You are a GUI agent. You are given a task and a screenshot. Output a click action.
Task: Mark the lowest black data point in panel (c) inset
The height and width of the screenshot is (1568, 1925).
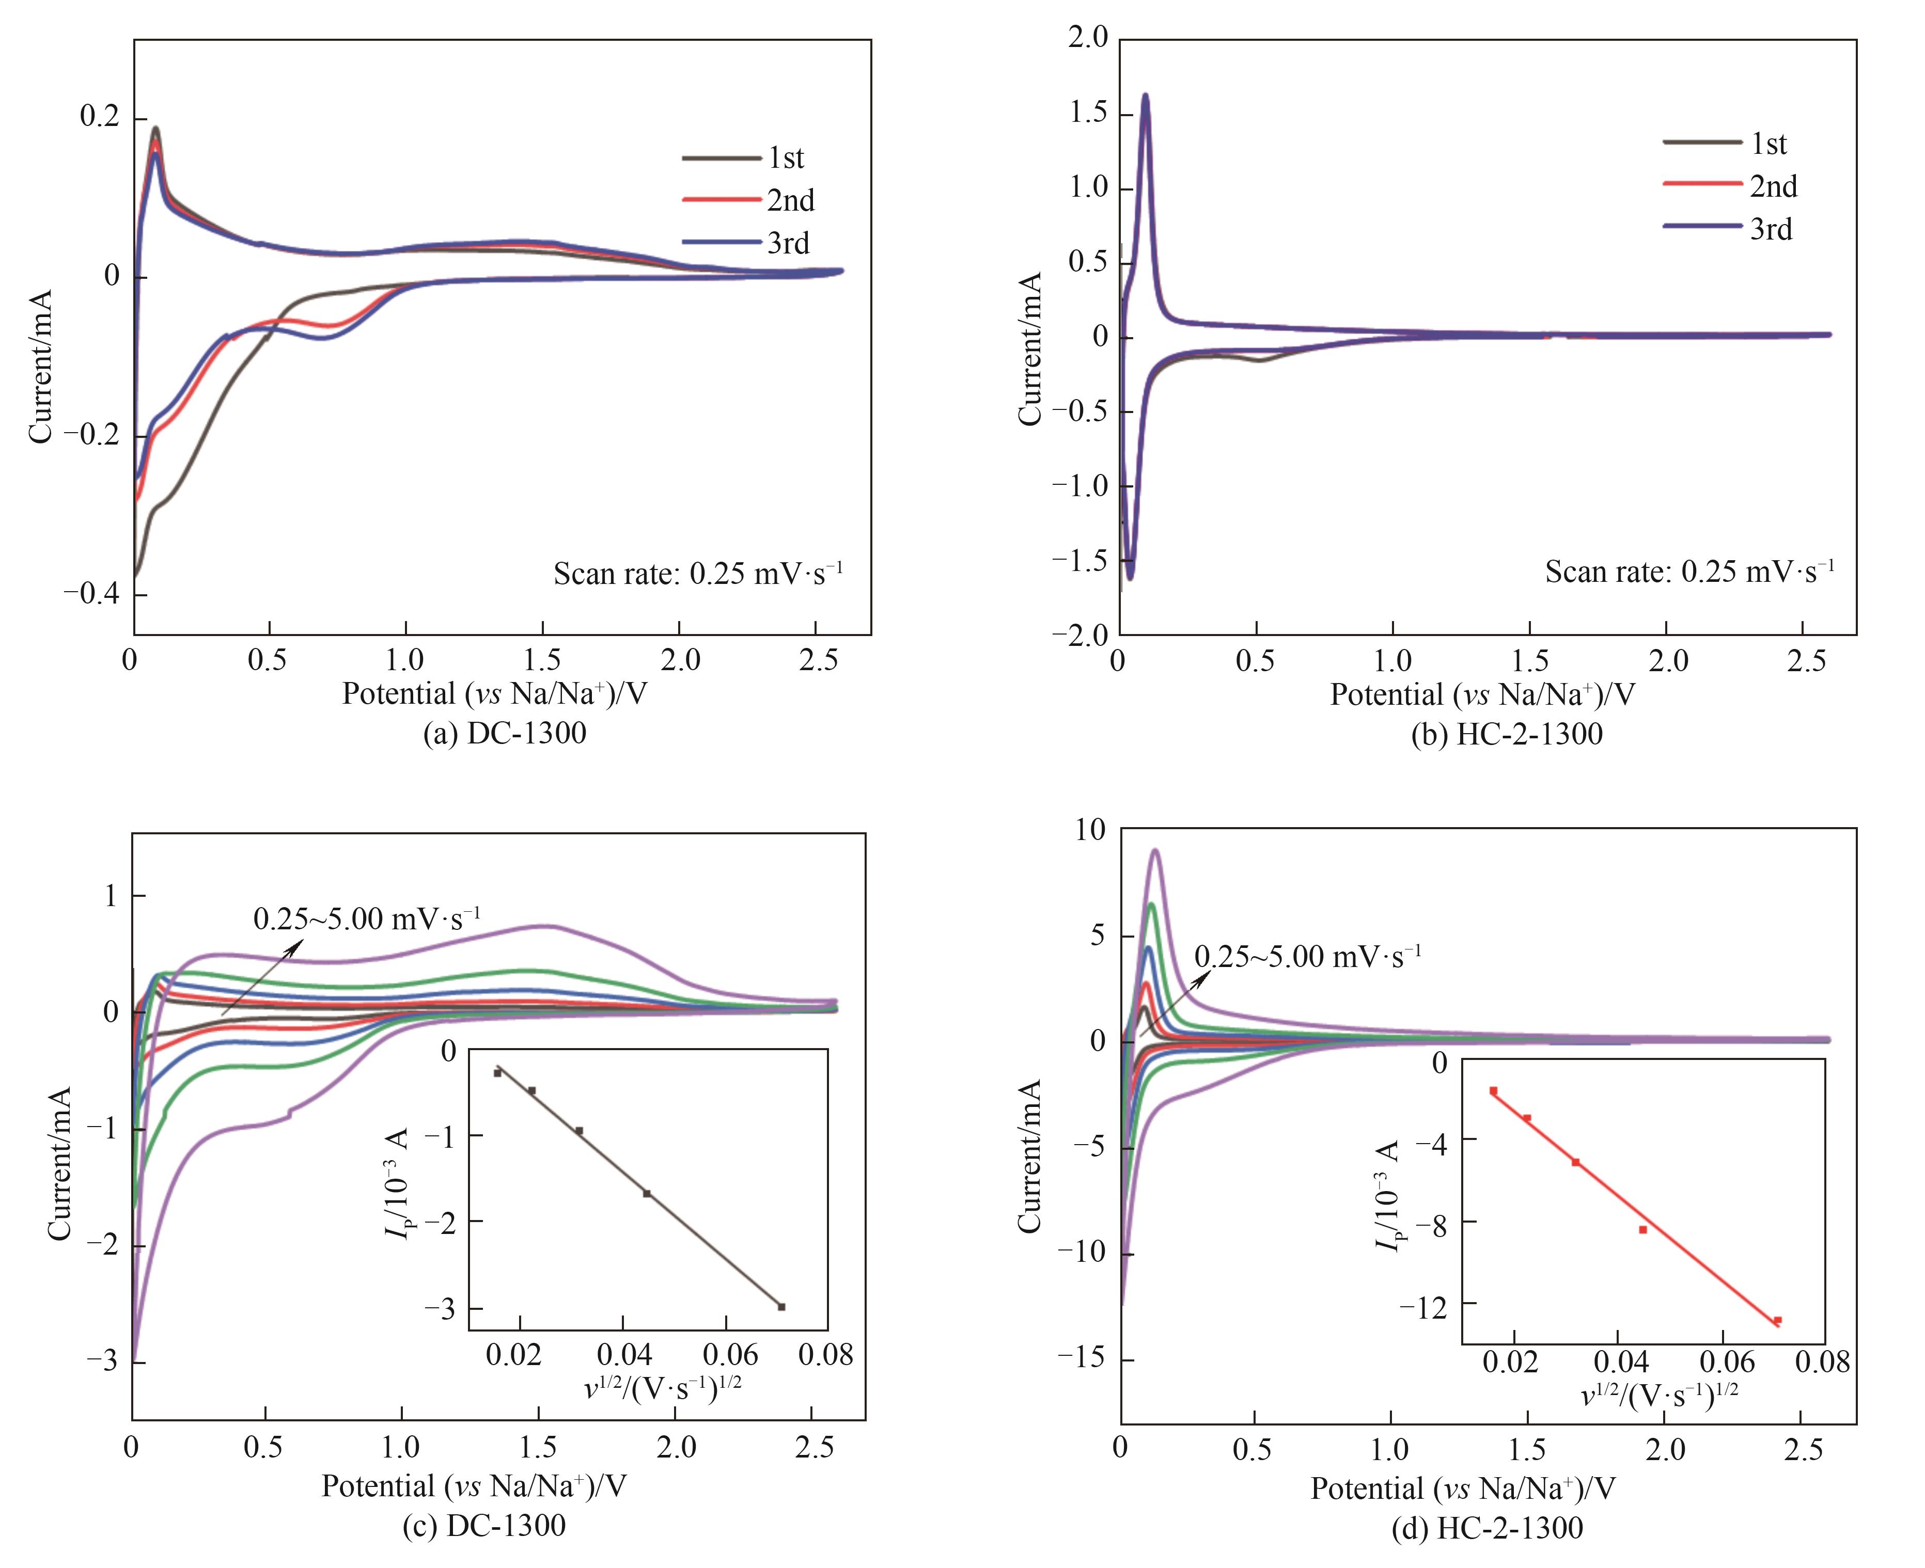[781, 1306]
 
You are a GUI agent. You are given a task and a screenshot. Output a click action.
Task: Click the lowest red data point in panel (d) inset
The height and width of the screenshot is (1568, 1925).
[1777, 1320]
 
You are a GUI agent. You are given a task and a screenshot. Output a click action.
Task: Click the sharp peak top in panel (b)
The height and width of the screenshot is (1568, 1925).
[1146, 96]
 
